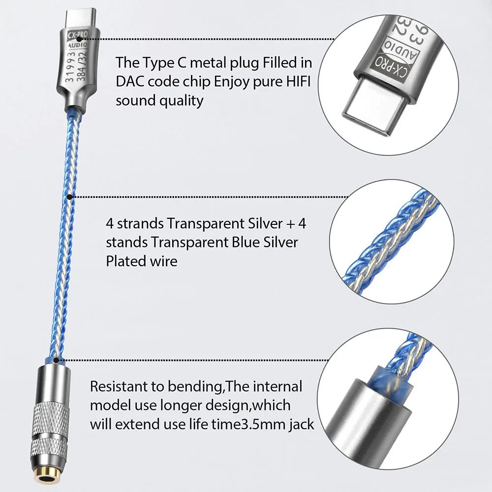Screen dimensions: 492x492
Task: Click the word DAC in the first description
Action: pyautogui.click(x=130, y=82)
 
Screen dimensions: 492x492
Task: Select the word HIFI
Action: pyautogui.click(x=298, y=82)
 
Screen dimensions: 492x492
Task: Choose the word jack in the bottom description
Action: pyautogui.click(x=300, y=424)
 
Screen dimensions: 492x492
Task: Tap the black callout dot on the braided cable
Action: pyautogui.click(x=70, y=197)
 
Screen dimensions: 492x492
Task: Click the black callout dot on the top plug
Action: pyautogui.click(x=99, y=38)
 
